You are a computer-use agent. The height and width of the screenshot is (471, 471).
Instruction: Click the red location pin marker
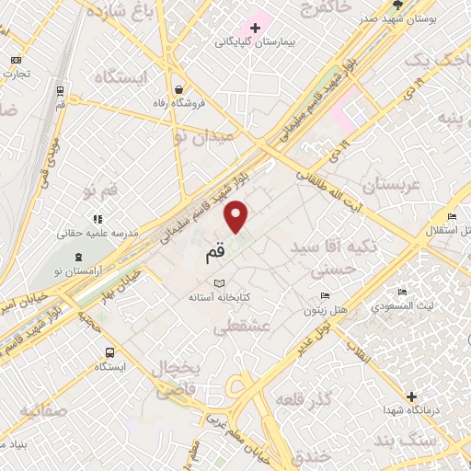coord(237,218)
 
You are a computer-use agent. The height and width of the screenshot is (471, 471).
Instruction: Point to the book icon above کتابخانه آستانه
coord(218,283)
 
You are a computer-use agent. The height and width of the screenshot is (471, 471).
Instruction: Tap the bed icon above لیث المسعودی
coord(402,293)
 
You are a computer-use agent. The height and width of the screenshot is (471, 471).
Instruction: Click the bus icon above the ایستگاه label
coord(111,351)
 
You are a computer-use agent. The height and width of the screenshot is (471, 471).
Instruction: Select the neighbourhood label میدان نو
coord(204,135)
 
